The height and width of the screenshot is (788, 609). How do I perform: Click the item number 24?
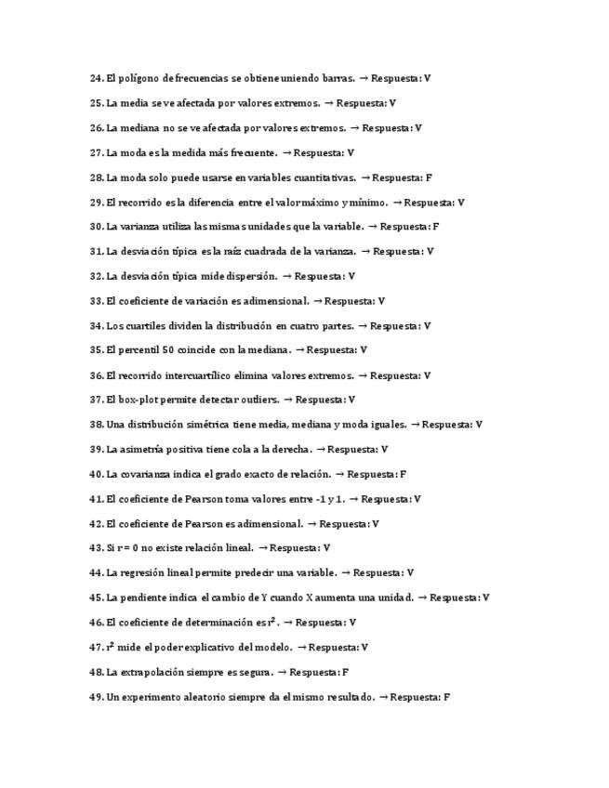click(x=96, y=79)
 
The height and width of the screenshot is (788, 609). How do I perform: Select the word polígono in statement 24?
click(x=138, y=79)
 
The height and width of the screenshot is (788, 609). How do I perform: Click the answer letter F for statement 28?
click(x=429, y=177)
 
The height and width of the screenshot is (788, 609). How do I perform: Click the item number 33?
click(x=96, y=301)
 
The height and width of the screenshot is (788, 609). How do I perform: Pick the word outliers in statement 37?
click(x=258, y=400)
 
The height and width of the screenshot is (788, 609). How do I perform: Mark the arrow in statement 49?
click(x=383, y=697)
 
